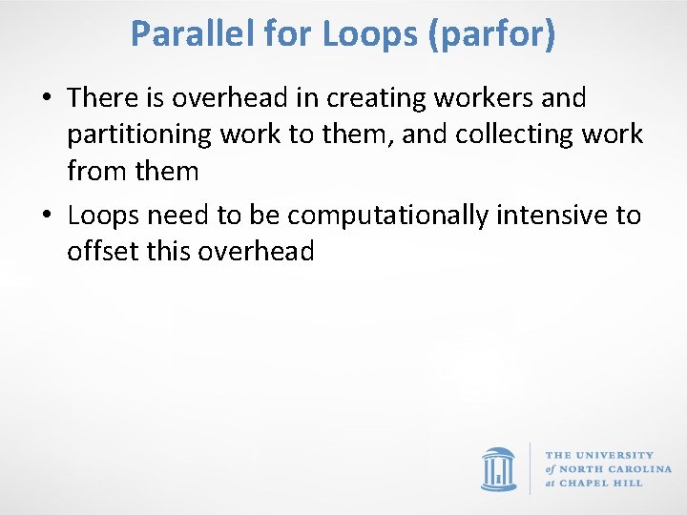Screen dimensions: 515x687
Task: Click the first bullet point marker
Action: [x=46, y=98]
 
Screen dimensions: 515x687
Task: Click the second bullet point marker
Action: [x=46, y=216]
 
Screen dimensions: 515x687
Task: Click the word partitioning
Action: [x=139, y=134]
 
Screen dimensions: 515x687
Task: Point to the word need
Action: [x=179, y=216]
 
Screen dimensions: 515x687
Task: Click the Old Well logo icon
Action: [x=498, y=468]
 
